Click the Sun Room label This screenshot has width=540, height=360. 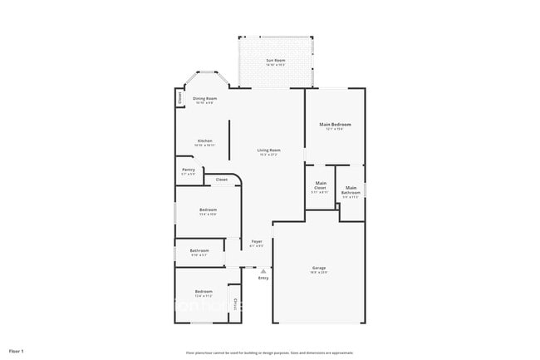click(275, 61)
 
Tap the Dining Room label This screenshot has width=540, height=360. click(205, 99)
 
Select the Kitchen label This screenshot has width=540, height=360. click(205, 141)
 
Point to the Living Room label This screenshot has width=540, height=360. click(268, 150)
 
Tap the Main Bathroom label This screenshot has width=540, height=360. click(351, 190)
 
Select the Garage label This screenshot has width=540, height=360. click(319, 267)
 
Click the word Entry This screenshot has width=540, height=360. click(263, 278)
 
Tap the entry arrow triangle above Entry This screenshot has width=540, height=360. click(263, 270)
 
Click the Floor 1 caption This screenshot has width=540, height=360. click(16, 352)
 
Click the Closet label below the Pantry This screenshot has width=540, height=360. click(222, 180)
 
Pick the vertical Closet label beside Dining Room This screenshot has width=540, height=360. click(179, 97)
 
